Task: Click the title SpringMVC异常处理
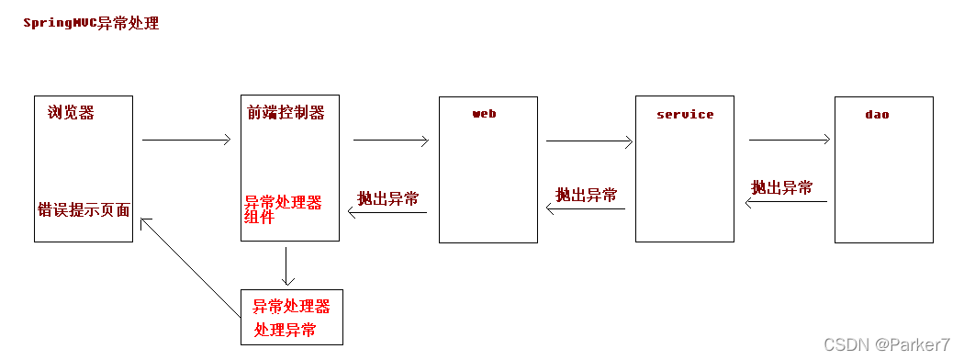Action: (91, 24)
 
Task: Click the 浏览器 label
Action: (71, 113)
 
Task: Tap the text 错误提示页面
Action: (84, 210)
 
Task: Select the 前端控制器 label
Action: (286, 113)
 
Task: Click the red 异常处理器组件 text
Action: (283, 209)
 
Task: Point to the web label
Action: (484, 114)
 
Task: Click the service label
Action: (685, 115)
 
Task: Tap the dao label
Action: (877, 115)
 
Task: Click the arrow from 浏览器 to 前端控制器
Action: (185, 141)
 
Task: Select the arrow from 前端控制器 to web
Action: (391, 141)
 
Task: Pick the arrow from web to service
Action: (589, 141)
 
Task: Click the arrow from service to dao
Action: (790, 141)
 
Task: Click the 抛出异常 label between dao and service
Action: (782, 188)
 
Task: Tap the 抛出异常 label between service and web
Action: (586, 196)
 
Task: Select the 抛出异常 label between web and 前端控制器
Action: (388, 199)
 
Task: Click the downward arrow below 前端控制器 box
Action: (287, 265)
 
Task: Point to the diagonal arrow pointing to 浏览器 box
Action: (190, 267)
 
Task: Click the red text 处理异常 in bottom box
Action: (286, 330)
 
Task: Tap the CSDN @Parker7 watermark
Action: (887, 345)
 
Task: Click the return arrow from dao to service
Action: (786, 203)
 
